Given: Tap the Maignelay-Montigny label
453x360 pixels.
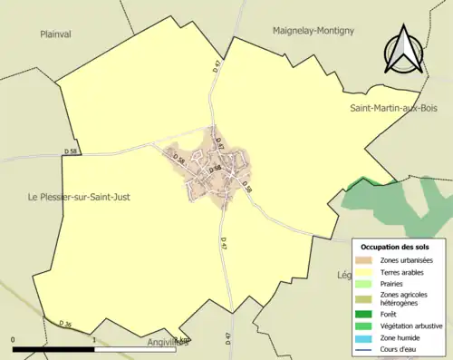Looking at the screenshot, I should pyautogui.click(x=313, y=30).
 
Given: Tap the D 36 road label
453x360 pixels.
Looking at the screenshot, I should pyautogui.click(x=64, y=324).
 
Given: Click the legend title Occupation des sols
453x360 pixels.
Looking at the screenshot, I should pyautogui.click(x=395, y=246).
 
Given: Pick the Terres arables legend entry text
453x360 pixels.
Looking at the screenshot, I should pyautogui.click(x=407, y=272).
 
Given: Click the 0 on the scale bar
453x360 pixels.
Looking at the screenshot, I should pyautogui.click(x=13, y=340).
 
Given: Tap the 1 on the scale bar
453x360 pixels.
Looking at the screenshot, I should pyautogui.click(x=95, y=340).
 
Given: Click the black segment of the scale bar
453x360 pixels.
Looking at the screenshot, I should pyautogui.click(x=54, y=348).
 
